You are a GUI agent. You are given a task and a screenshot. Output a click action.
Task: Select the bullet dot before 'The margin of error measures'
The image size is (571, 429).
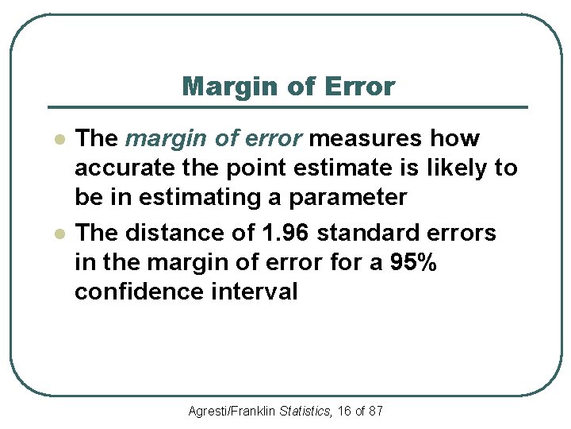58,139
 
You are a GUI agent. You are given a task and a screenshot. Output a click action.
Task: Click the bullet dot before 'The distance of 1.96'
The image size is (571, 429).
58,234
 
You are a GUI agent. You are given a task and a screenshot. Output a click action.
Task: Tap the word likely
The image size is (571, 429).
452,168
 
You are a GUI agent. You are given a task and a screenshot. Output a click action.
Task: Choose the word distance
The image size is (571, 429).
167,233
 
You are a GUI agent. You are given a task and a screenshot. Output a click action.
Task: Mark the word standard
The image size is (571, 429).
368,233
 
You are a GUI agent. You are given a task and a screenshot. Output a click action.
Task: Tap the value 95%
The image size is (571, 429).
413,262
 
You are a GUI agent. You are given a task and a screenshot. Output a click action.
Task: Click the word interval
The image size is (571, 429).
254,292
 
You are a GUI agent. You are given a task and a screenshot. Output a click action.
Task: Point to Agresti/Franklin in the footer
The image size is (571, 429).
232,412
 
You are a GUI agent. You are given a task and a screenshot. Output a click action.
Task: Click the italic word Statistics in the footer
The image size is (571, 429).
307,412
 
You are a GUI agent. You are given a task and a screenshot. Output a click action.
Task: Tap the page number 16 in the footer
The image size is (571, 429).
345,412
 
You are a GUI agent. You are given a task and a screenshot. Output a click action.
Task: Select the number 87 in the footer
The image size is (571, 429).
376,412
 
